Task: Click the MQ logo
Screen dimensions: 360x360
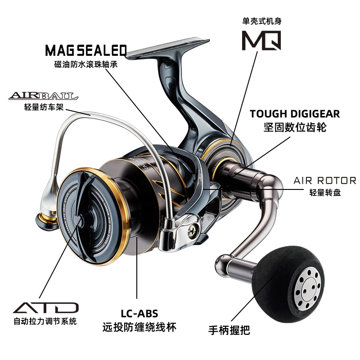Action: [x=261, y=40]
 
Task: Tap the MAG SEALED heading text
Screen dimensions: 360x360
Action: [x=85, y=49]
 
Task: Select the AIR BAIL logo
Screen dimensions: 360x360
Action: [x=43, y=96]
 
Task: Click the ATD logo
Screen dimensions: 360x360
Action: [x=45, y=309]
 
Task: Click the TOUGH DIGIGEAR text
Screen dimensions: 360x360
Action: [x=295, y=114]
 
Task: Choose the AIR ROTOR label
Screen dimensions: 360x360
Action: [x=324, y=180]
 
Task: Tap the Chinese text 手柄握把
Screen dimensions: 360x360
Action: [x=229, y=331]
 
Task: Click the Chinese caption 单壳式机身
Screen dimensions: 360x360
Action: [x=261, y=21]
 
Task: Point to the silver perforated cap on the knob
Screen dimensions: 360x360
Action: [x=310, y=286]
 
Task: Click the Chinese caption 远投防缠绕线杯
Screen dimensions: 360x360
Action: [x=139, y=327]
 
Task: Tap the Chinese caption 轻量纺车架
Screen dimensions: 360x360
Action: [x=43, y=107]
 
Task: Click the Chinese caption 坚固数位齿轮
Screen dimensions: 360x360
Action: [x=295, y=127]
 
